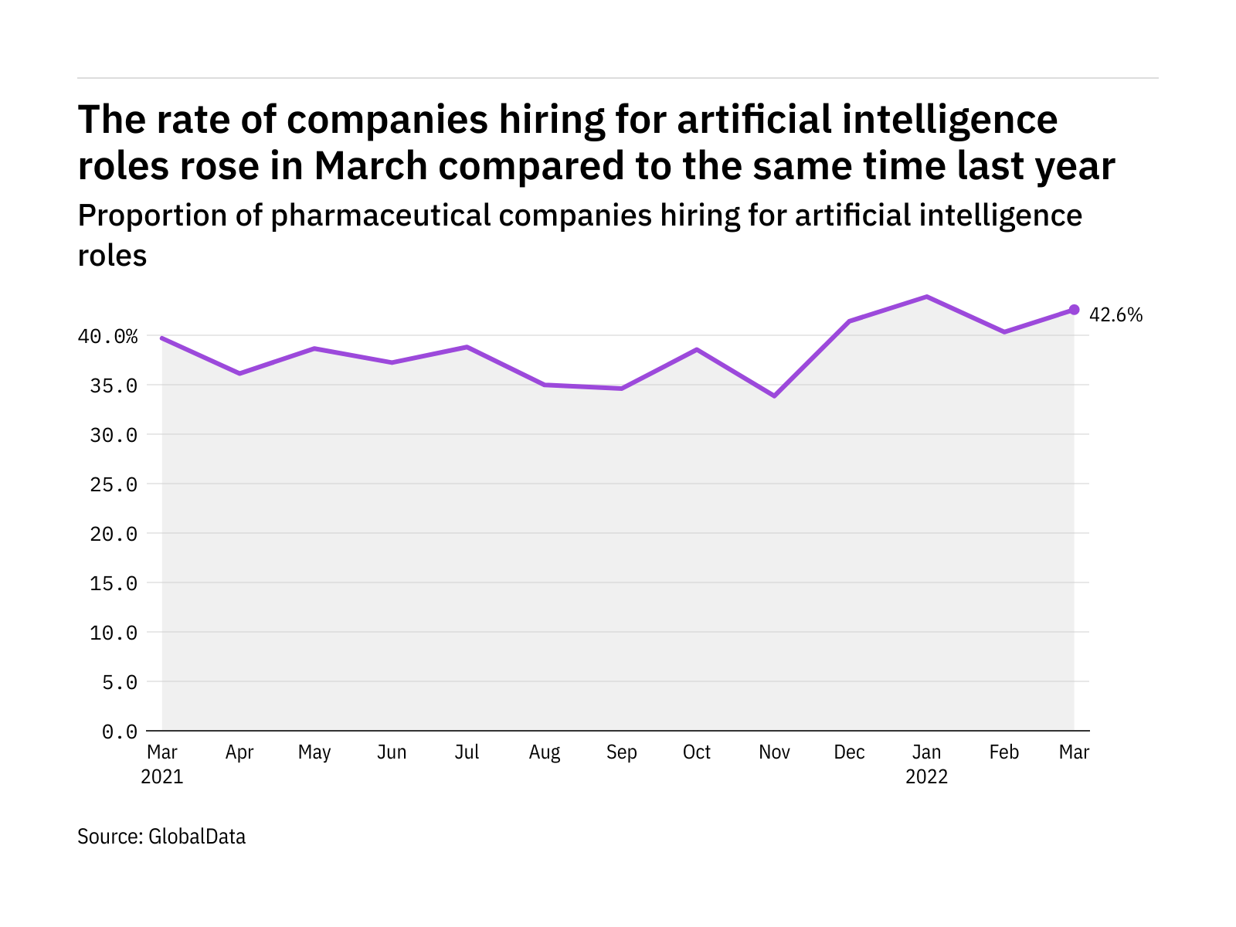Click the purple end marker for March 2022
(x=1074, y=310)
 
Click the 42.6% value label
(x=1115, y=315)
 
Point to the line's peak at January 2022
(x=926, y=297)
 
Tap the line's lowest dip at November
(x=774, y=396)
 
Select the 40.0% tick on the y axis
(x=107, y=336)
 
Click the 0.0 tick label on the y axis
(x=119, y=732)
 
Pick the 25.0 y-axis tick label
(x=114, y=484)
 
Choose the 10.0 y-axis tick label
(x=114, y=633)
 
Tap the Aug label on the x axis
(x=545, y=752)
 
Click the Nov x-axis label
(x=774, y=752)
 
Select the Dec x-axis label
(x=849, y=752)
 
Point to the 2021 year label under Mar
(x=162, y=776)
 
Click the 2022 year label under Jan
(x=926, y=776)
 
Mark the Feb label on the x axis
(x=1003, y=752)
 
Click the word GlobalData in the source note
(x=197, y=837)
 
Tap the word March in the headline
(x=371, y=166)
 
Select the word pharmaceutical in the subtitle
(x=380, y=216)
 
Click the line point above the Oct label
(x=697, y=349)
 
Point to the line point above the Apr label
(x=239, y=373)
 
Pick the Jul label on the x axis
(x=467, y=752)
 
